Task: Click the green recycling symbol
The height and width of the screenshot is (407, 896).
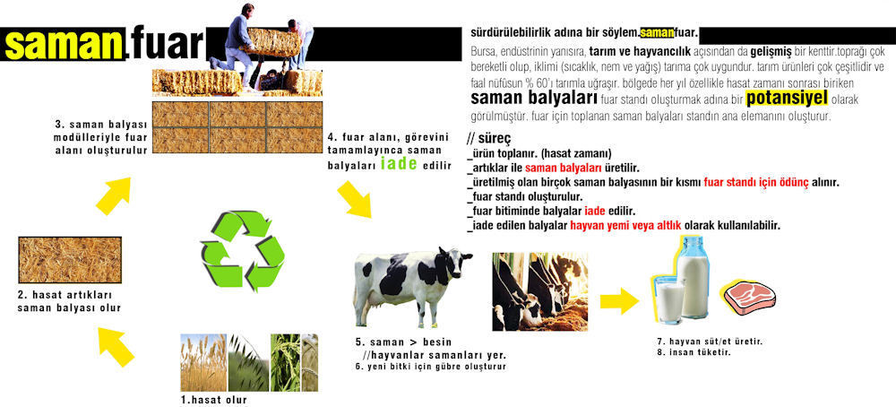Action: [x=242, y=249]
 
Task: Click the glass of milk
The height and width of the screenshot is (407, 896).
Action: [x=669, y=299]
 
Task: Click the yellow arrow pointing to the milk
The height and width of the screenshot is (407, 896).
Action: [x=619, y=300]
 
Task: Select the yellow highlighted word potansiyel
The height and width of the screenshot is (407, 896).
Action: [x=788, y=99]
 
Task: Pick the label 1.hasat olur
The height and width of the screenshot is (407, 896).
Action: [x=214, y=400]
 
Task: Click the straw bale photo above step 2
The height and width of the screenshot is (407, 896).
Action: [x=70, y=260]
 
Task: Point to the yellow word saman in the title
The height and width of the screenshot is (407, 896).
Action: [x=64, y=44]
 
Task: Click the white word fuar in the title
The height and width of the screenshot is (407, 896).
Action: [x=167, y=44]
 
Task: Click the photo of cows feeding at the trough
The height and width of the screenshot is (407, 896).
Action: [x=540, y=291]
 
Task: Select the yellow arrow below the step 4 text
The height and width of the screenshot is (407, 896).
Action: [x=354, y=199]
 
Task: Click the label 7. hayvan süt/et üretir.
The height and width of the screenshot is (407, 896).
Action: [x=711, y=342]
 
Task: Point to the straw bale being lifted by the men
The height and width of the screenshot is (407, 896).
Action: [x=273, y=42]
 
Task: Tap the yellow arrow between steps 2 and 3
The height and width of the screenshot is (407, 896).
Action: [x=113, y=195]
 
